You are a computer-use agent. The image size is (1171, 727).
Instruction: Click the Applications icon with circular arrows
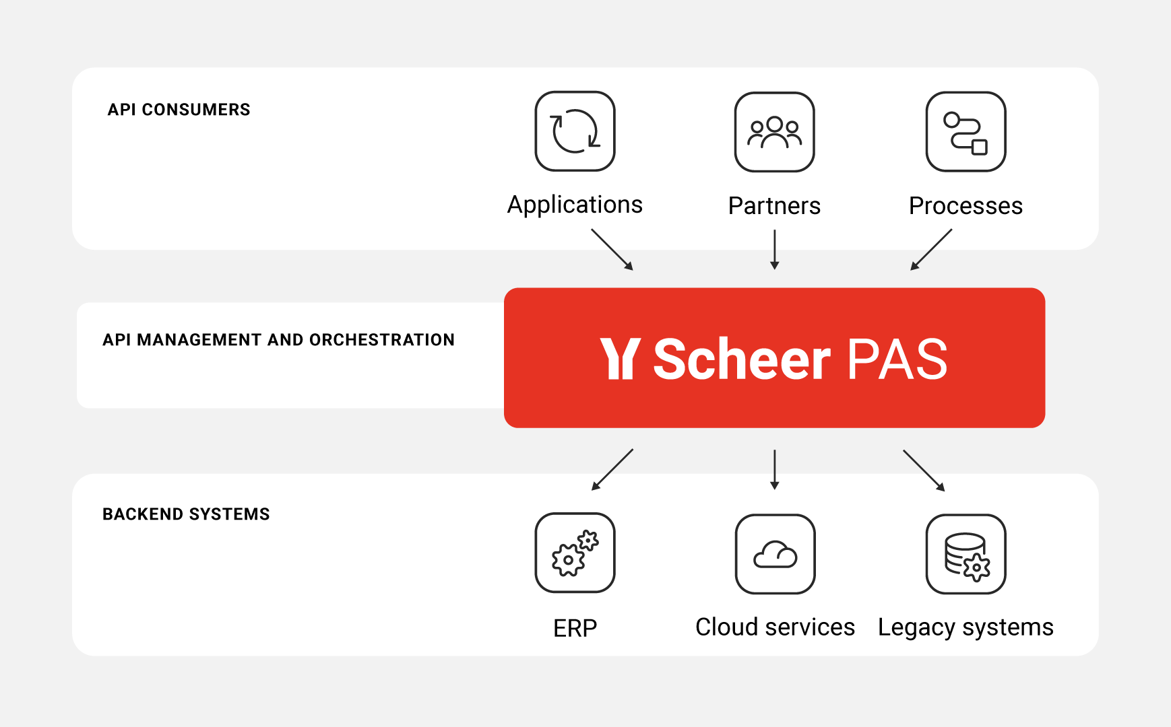pos(575,131)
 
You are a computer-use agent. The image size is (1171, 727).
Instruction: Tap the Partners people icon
pos(774,132)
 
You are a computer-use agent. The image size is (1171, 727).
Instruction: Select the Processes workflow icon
pos(966,132)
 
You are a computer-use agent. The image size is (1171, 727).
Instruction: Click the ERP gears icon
pos(575,553)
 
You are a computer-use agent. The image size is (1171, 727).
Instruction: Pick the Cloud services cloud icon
pos(775,554)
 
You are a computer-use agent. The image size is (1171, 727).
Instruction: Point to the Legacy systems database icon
pos(966,554)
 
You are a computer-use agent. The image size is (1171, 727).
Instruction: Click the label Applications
pos(575,205)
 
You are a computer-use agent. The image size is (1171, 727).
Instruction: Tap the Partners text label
pos(774,206)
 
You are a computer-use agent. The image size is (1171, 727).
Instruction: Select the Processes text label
pos(966,206)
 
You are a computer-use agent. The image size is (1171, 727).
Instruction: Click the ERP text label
pos(575,628)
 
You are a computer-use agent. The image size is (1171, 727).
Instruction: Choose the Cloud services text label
pos(775,627)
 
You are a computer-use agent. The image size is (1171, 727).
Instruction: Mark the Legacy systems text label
pos(966,627)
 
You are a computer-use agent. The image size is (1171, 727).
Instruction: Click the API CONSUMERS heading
pos(179,110)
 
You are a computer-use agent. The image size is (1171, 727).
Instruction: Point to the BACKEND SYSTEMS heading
pos(186,514)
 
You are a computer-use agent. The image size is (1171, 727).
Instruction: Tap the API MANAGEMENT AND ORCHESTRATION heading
pos(278,340)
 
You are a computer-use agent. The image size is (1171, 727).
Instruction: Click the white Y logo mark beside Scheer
pos(620,359)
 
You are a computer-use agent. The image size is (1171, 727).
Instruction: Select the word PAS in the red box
pos(897,359)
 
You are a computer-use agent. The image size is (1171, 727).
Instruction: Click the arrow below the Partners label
pos(775,250)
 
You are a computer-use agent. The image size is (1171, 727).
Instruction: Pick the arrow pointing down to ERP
pos(612,470)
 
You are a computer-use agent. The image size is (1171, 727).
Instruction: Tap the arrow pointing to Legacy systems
pos(924,471)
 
